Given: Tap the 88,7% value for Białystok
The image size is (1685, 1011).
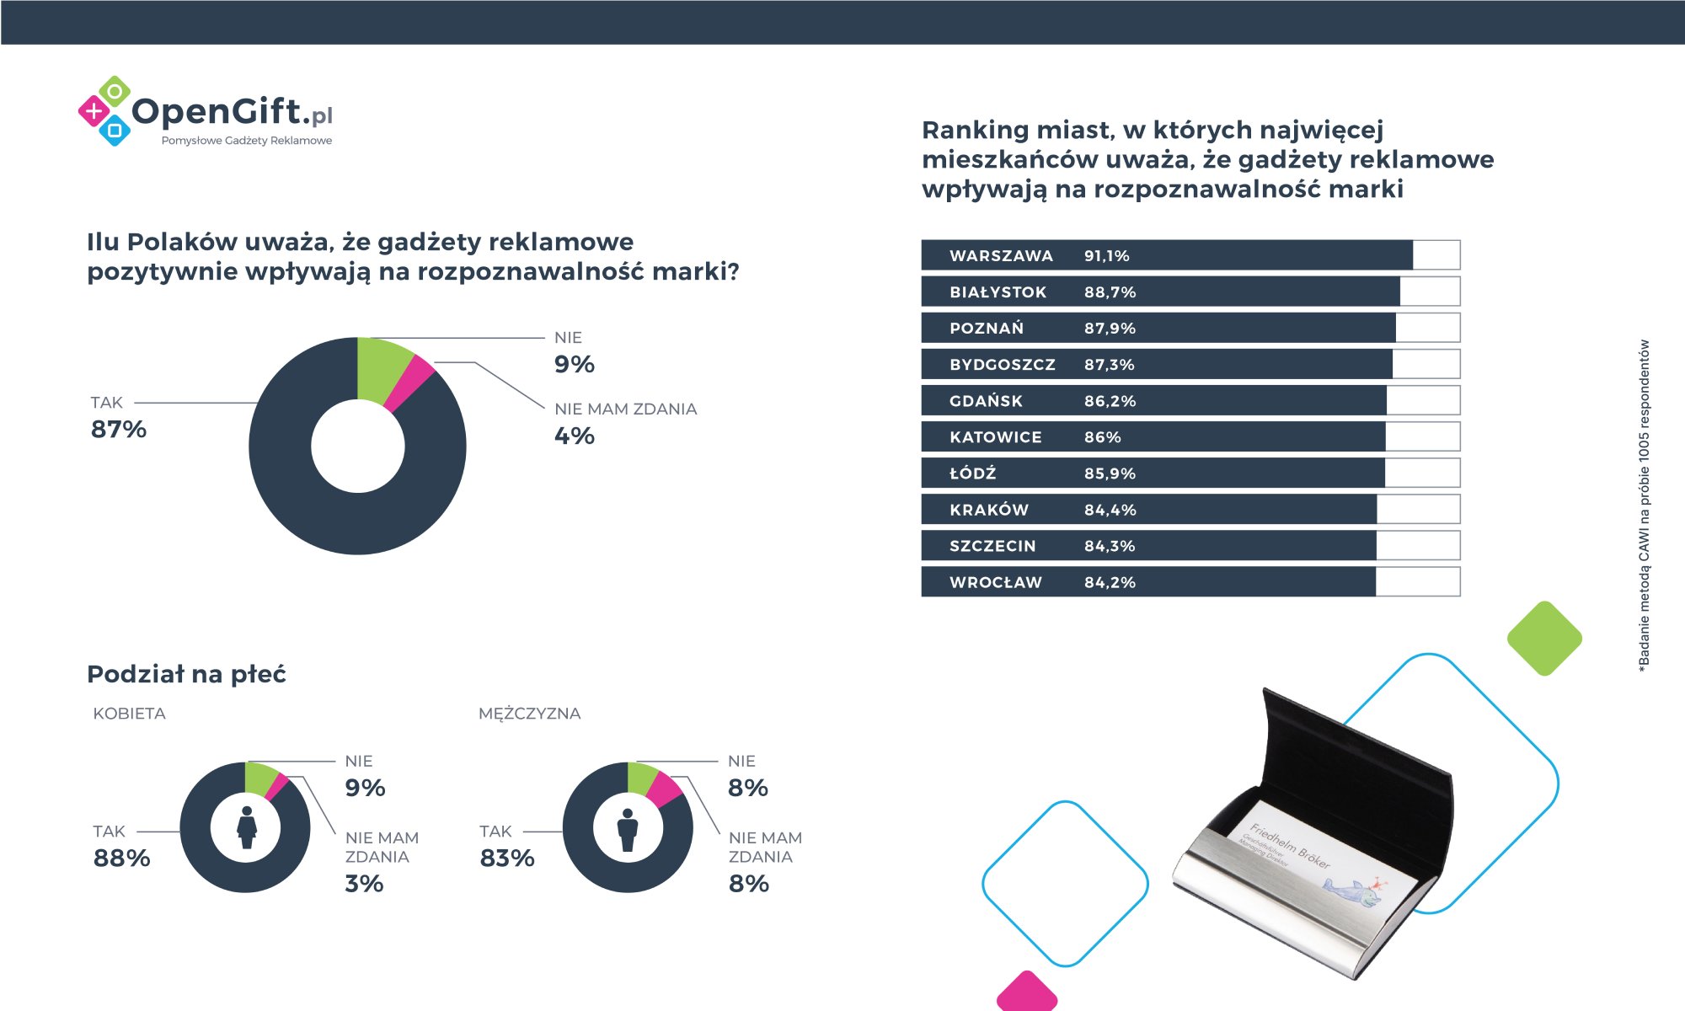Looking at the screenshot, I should tap(1110, 292).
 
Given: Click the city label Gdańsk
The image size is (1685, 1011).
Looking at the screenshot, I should tap(986, 401).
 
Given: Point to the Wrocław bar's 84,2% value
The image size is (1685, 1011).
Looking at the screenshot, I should tap(1110, 582).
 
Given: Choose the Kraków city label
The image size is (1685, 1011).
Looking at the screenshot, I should tap(988, 510).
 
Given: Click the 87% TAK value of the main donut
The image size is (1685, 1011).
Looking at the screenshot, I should tap(119, 430).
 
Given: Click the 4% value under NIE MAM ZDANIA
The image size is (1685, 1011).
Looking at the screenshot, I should tap(575, 436).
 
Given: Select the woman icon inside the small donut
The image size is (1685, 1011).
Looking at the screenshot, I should tap(246, 827).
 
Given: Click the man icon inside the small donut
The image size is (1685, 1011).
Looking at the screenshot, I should tap(628, 829).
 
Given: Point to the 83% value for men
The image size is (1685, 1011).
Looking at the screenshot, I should tap(507, 859).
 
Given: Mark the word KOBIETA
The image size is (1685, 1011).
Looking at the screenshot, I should tap(129, 714).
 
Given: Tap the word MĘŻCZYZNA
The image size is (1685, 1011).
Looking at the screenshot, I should tap(529, 714).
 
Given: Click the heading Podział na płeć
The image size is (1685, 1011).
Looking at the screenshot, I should tap(186, 674).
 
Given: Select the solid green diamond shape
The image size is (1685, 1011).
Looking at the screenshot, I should tap(1544, 638).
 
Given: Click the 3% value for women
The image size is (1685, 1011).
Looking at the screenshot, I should tap(364, 884).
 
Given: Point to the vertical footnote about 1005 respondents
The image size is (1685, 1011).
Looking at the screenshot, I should tap(1644, 505).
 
